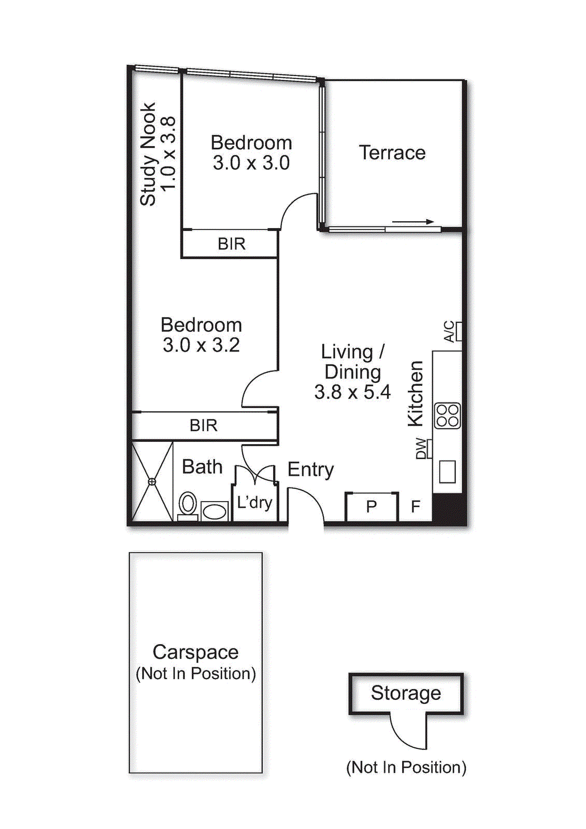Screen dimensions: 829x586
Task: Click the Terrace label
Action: (x=392, y=153)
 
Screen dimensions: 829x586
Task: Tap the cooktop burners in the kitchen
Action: (x=447, y=416)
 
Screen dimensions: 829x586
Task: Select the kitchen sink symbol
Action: (x=447, y=471)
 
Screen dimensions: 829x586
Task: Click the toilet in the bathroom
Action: (x=188, y=504)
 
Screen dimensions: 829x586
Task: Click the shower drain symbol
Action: (x=152, y=481)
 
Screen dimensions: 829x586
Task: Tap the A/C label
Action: (x=449, y=332)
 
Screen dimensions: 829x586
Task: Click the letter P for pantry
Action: (x=371, y=507)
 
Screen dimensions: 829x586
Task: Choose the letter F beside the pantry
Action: (x=416, y=507)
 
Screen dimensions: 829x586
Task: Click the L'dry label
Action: (x=254, y=502)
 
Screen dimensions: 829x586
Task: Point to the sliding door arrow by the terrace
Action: (x=413, y=222)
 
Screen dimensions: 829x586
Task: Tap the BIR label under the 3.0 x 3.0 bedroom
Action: (x=231, y=244)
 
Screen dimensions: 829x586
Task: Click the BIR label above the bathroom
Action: (x=203, y=425)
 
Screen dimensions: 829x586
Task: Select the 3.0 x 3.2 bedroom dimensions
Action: (x=201, y=345)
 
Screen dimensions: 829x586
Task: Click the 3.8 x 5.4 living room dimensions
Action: (x=352, y=392)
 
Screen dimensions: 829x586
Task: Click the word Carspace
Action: (x=195, y=652)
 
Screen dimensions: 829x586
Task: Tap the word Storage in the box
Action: (x=406, y=693)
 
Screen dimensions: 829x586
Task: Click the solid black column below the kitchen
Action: (x=448, y=508)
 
